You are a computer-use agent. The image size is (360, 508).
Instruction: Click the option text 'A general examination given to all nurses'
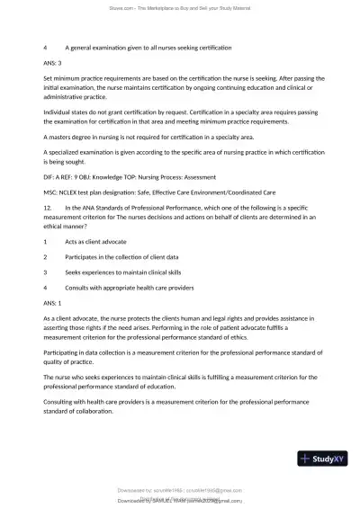[x=135, y=46]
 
